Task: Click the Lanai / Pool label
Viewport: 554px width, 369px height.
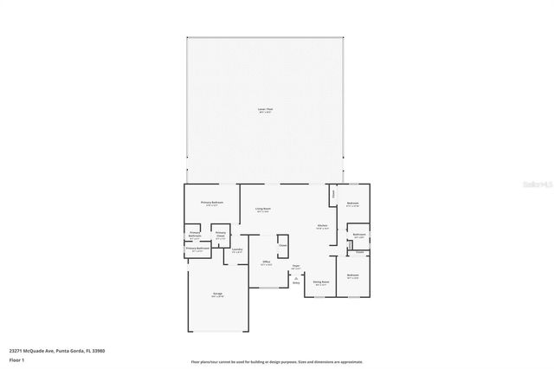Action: [265, 110]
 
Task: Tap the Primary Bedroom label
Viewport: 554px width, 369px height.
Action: [213, 204]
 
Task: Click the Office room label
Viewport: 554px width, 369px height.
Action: [267, 262]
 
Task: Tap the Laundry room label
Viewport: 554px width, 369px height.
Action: [236, 250]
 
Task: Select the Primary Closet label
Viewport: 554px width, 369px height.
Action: [221, 234]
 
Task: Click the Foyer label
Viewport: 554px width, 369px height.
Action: [295, 266]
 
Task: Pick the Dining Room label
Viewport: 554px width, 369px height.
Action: [320, 282]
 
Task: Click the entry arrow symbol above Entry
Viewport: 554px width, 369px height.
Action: [295, 277]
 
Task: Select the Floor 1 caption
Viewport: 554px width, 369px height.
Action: [17, 359]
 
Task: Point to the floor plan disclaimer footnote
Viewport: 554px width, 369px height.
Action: [277, 362]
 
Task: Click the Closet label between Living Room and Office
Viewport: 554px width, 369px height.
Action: [283, 244]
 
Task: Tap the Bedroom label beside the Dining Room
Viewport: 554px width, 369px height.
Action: [353, 276]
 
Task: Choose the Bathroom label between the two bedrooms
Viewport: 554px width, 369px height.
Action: [358, 235]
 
